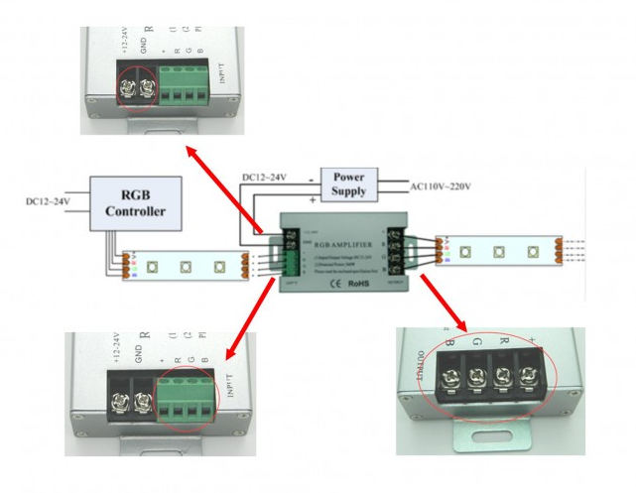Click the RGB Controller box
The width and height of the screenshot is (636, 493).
tap(136, 202)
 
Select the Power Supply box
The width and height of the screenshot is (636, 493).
tap(348, 183)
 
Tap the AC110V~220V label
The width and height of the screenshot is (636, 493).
tap(440, 186)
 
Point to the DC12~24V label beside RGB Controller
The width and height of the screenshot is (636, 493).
tap(49, 202)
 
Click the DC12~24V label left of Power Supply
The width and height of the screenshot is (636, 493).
tap(264, 178)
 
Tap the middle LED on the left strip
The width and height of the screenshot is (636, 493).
tap(186, 266)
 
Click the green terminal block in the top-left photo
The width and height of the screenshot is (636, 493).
tap(183, 86)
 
